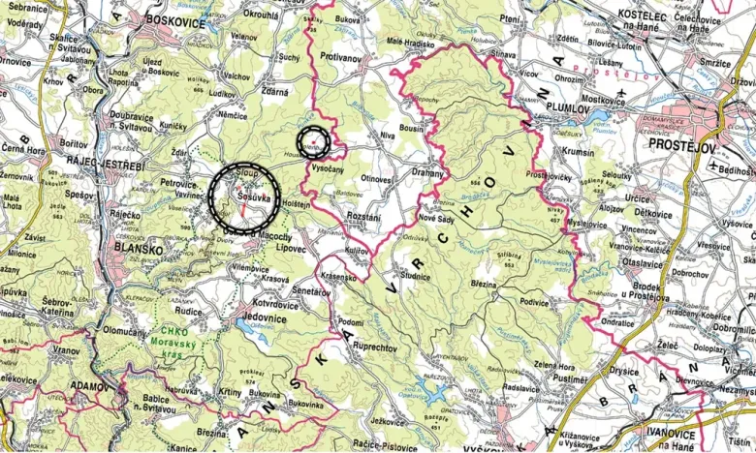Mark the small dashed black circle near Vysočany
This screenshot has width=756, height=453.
314,141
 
